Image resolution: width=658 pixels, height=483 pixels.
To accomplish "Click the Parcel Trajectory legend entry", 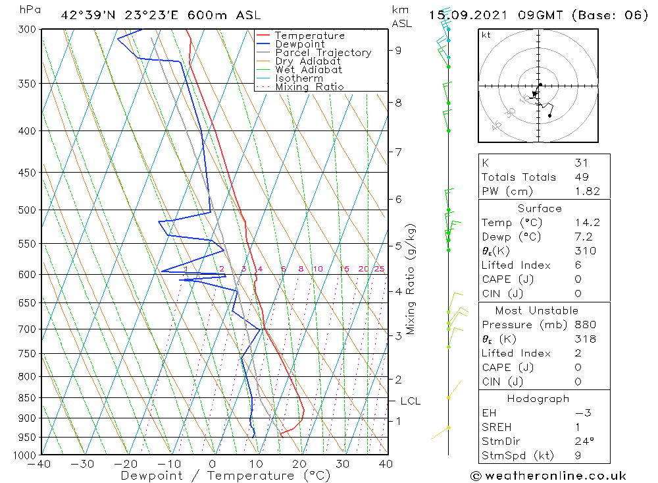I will click(x=323, y=53).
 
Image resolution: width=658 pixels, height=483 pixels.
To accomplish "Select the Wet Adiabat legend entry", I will click(x=308, y=70).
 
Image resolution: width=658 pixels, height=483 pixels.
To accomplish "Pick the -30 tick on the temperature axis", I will click(x=83, y=464).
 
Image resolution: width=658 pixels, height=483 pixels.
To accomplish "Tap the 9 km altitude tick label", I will click(x=399, y=50).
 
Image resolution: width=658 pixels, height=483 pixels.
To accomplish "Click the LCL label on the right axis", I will click(x=410, y=401).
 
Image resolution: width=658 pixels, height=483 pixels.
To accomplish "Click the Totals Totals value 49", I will click(x=581, y=177).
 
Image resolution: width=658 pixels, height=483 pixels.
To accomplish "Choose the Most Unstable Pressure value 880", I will click(x=585, y=325).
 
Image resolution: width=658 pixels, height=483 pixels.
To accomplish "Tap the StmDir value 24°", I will click(x=584, y=441).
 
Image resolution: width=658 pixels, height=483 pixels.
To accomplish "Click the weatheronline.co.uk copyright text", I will click(x=548, y=476).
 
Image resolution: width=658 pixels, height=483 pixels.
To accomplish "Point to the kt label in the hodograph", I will click(x=486, y=35).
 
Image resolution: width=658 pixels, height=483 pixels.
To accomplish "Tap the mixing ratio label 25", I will click(x=379, y=269).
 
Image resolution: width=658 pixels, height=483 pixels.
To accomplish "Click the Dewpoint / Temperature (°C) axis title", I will click(x=226, y=476).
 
